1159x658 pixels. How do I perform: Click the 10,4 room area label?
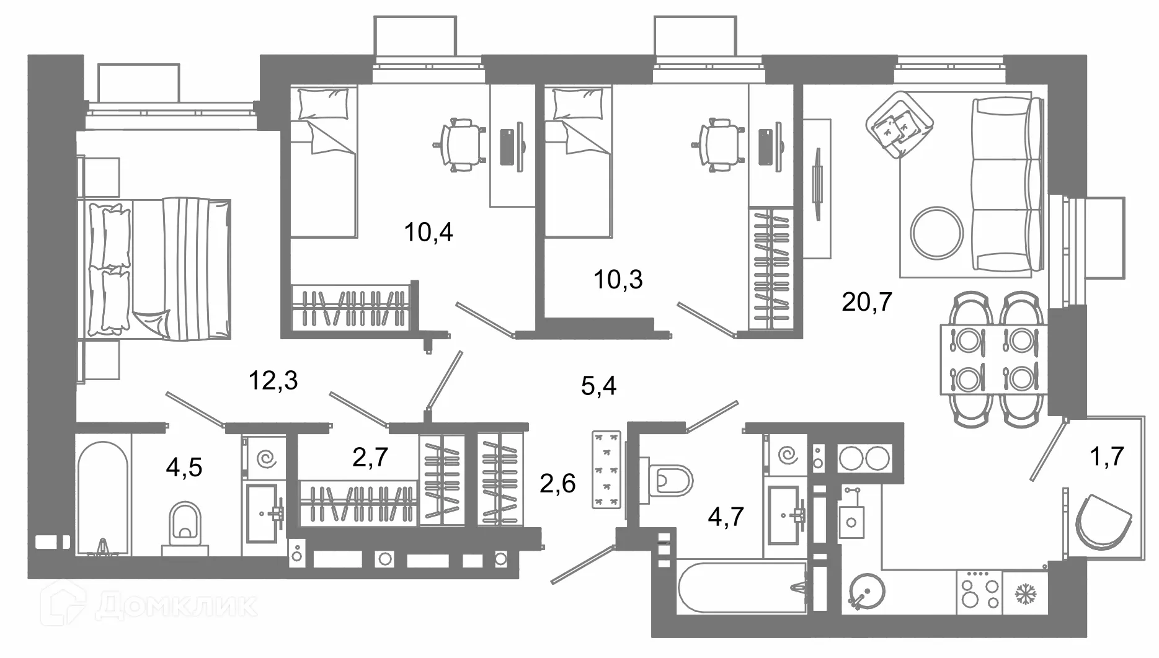point(429,233)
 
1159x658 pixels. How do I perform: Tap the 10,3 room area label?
point(618,280)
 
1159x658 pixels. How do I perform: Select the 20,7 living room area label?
point(867,302)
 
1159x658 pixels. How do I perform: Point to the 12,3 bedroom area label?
point(273,380)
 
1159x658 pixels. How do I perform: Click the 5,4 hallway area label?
point(599,386)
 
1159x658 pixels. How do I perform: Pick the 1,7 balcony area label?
point(1107,456)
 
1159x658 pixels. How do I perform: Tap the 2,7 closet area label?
point(370,457)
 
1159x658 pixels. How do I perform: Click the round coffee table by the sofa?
point(937,233)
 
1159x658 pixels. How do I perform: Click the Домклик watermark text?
point(175,606)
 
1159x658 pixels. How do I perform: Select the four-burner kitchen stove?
point(980,593)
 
